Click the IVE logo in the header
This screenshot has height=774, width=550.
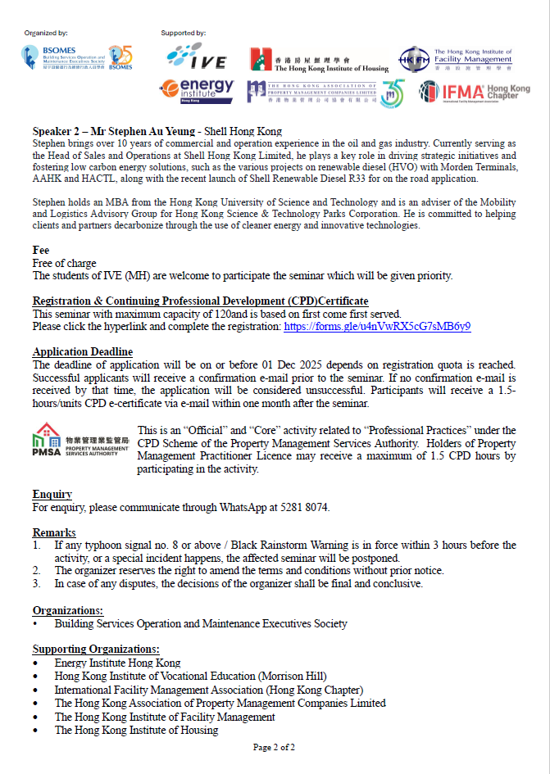click(195, 56)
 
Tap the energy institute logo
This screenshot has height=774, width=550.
click(196, 90)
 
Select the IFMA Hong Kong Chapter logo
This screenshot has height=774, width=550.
click(475, 91)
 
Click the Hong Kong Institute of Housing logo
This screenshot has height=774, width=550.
click(319, 59)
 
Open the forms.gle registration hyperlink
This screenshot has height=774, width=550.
click(377, 326)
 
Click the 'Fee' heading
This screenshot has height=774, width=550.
click(41, 251)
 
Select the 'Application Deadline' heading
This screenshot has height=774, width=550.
click(83, 352)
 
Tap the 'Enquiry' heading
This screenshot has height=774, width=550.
click(52, 495)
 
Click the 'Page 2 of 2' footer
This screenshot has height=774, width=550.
click(274, 747)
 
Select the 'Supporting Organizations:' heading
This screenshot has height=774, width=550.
click(96, 650)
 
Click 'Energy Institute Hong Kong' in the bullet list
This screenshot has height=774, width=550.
click(117, 663)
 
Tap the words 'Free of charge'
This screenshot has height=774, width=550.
click(62, 263)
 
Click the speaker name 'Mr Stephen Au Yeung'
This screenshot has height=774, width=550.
click(148, 131)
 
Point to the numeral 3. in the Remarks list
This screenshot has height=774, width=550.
click(37, 584)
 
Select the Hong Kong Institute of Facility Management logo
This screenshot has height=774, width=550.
click(456, 59)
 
